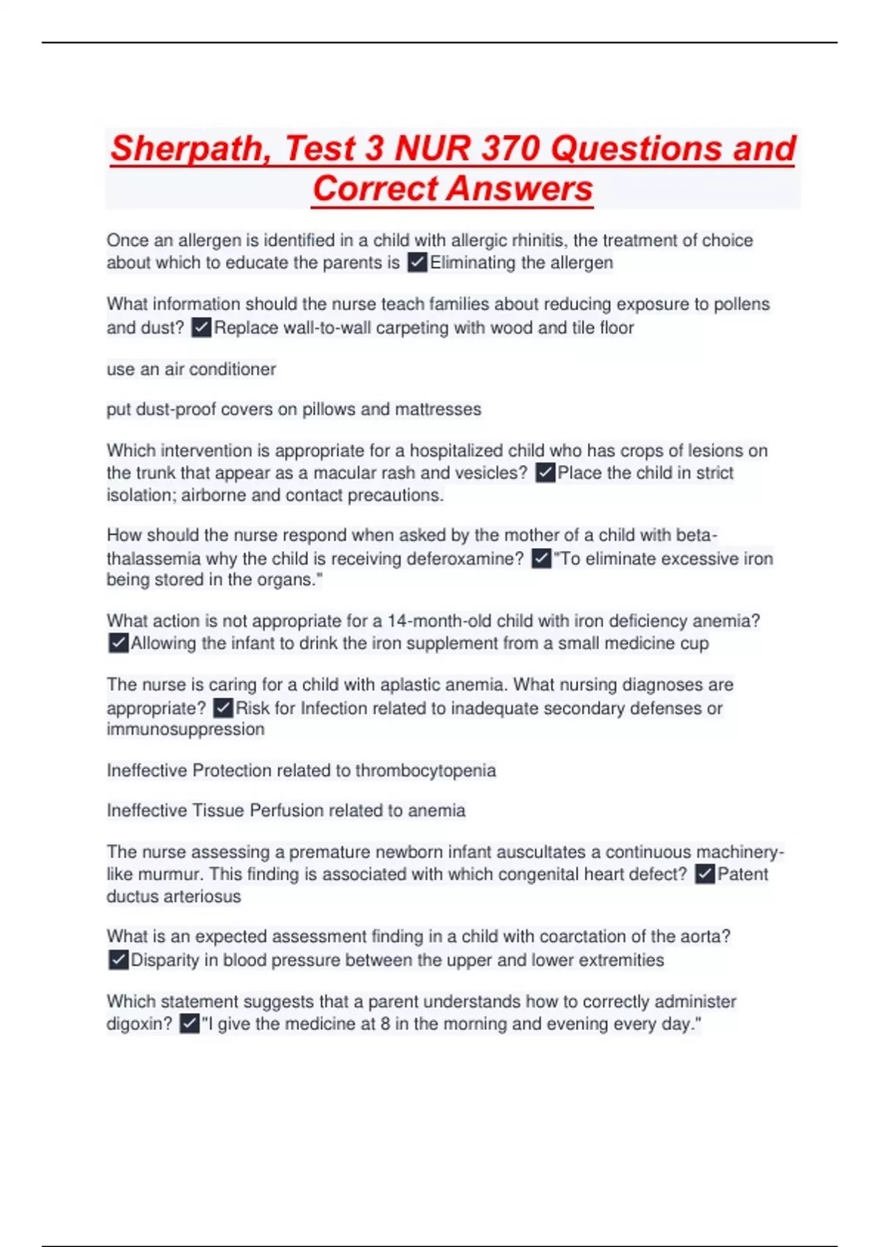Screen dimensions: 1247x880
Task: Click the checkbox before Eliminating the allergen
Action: click(x=417, y=263)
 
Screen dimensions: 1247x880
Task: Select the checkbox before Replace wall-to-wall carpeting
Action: click(x=201, y=327)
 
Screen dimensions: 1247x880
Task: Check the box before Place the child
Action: click(x=545, y=473)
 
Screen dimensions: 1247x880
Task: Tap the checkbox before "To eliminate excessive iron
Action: click(x=541, y=559)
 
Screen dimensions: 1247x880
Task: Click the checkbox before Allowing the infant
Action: click(x=118, y=643)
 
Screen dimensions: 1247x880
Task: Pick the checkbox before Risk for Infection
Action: click(x=223, y=708)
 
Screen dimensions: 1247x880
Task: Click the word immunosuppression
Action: click(x=186, y=729)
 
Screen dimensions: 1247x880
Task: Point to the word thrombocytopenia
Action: click(x=425, y=770)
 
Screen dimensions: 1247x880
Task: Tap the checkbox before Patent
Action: click(x=705, y=874)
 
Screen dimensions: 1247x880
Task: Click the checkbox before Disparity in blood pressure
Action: click(x=118, y=960)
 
